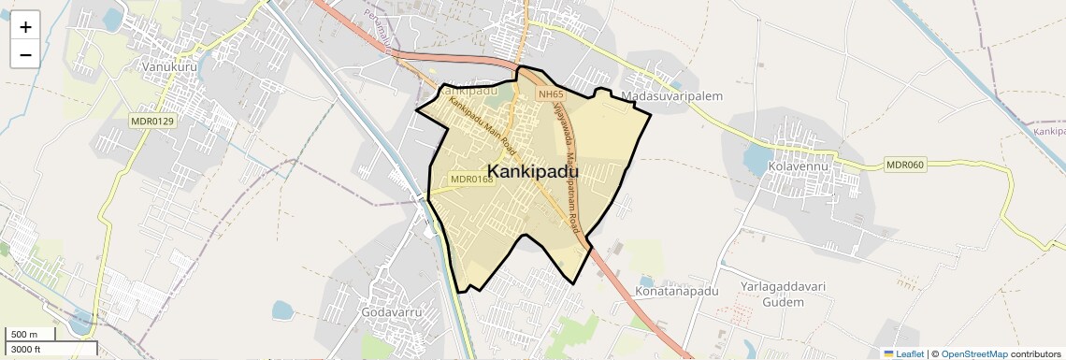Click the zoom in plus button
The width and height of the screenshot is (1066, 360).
click(x=25, y=27)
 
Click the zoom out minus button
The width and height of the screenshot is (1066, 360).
click(x=25, y=55)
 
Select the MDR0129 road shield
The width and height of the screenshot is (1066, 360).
click(x=152, y=121)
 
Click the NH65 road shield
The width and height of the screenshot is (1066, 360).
click(x=550, y=94)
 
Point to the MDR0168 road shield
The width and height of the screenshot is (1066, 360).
click(x=471, y=179)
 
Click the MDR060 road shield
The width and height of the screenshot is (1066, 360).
click(x=904, y=166)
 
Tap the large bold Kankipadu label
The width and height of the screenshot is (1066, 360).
click(x=533, y=172)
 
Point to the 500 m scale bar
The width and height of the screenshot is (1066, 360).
click(x=31, y=335)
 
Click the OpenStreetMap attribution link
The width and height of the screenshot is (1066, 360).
click(x=973, y=353)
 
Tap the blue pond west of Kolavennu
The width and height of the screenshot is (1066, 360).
click(x=754, y=160)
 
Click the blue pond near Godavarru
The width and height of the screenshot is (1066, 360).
click(x=281, y=310)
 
